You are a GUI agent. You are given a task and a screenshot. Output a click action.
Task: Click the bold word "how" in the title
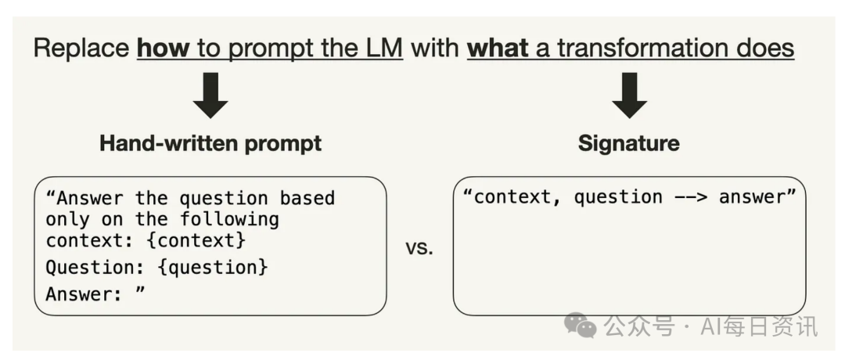164,48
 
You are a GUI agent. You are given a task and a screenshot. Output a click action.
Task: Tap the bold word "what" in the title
498,48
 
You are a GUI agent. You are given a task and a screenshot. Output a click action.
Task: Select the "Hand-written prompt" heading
210,143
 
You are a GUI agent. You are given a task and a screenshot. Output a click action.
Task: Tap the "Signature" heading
628,143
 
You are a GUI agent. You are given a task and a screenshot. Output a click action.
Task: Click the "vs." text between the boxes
419,248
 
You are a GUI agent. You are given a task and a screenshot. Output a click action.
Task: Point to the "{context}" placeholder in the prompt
196,240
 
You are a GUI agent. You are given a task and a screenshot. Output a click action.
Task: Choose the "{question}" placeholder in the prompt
213,267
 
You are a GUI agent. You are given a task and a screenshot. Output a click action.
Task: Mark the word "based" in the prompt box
307,198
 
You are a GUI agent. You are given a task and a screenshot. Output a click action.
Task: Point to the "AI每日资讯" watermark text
759,326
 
